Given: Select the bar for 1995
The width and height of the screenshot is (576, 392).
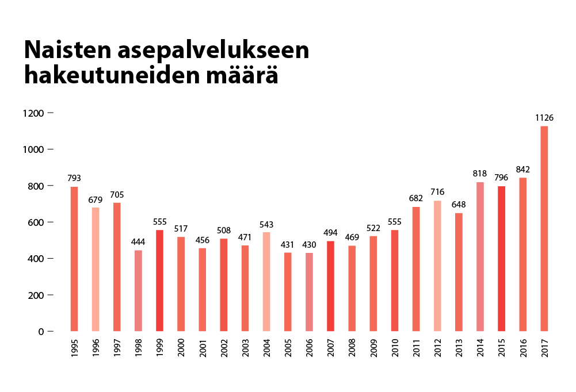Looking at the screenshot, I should point(74,259).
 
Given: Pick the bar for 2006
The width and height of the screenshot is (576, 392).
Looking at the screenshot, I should point(309,292).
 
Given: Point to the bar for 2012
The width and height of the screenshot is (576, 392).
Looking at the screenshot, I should point(437,266).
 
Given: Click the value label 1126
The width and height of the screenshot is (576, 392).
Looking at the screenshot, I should point(544,118).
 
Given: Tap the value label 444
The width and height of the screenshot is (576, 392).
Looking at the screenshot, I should point(138,242).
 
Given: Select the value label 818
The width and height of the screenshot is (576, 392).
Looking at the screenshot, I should point(480,174).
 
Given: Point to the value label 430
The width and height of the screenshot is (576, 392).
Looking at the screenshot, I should point(309,245).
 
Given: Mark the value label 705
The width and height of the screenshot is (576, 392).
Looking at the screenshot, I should point(117,194).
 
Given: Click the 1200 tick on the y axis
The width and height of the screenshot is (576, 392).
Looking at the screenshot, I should point(33,113).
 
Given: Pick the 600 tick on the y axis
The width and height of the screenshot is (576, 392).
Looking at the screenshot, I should point(35,222).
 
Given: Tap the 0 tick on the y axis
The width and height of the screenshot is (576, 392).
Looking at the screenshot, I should point(41,332).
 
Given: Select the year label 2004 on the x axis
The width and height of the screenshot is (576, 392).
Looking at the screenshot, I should point(266,349).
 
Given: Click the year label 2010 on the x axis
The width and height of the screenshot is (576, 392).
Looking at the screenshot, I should point(395,349).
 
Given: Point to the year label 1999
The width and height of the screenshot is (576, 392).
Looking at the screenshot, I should point(160,349).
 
